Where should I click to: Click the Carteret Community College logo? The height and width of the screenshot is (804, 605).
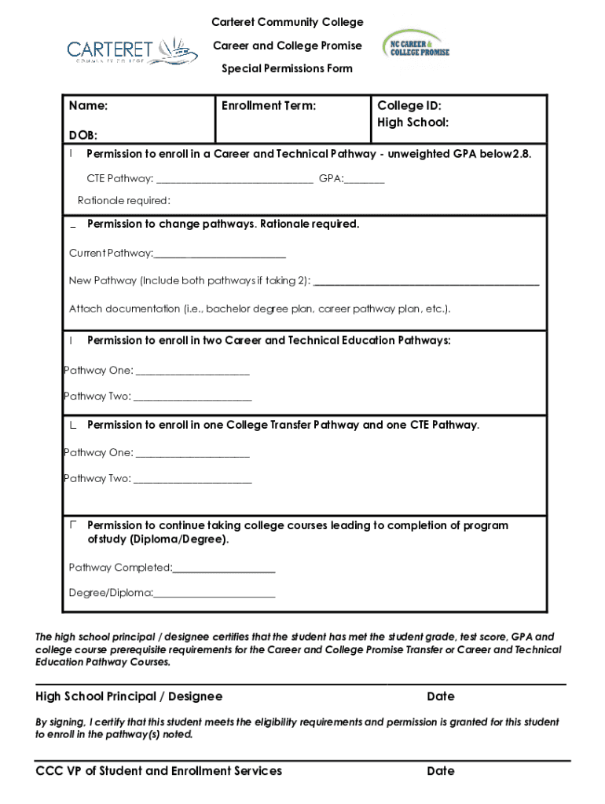pos(122,50)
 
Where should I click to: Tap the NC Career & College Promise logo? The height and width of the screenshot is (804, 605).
pos(416,46)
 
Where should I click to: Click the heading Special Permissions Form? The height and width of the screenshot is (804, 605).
pos(287,68)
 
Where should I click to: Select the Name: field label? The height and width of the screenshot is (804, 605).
pos(88,106)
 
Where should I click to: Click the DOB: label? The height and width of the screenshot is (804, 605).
pos(82,136)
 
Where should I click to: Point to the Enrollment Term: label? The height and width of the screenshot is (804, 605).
pos(269,106)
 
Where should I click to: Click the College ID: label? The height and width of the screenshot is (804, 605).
pos(409,106)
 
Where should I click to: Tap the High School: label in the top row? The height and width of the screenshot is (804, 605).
pos(412,122)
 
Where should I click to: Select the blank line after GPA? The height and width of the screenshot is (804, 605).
pos(365,180)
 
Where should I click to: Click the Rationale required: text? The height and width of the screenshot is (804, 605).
pos(123,201)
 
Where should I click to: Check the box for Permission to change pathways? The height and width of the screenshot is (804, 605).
pos(73,225)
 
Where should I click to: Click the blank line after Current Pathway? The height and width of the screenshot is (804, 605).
pos(220,254)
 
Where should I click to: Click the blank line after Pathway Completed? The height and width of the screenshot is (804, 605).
pos(224,568)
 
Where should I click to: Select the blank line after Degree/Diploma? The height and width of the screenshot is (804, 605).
pos(214,594)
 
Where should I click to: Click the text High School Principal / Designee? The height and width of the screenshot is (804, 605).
pos(129,696)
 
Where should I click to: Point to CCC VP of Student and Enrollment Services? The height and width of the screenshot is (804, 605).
pos(159,771)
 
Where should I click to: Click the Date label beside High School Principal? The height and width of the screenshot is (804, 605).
pos(440,696)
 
